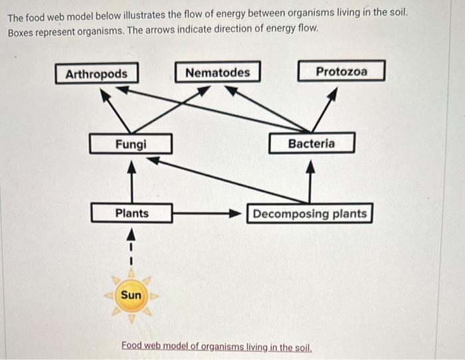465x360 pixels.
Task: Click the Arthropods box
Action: pyautogui.click(x=96, y=73)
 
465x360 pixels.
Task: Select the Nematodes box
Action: pyautogui.click(x=217, y=72)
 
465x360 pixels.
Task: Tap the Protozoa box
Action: pyautogui.click(x=341, y=71)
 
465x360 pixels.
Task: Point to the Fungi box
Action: pyautogui.click(x=131, y=143)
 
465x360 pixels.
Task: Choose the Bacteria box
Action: pyautogui.click(x=312, y=143)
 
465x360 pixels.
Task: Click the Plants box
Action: pyautogui.click(x=132, y=213)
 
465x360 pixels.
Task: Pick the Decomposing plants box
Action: pyautogui.click(x=310, y=214)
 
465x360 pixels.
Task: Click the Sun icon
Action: pyautogui.click(x=132, y=294)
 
